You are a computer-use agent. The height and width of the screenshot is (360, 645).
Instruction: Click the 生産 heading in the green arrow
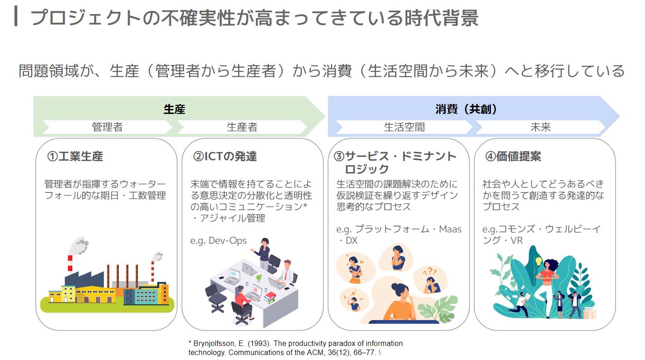[x=174, y=109]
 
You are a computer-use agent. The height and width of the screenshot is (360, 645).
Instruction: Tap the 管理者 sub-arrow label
[x=107, y=127]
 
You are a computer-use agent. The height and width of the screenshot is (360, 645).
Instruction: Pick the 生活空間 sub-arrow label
[x=404, y=127]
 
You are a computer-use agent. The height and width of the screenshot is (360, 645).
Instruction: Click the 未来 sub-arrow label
[x=541, y=127]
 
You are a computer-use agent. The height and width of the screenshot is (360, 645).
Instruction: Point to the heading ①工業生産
[x=75, y=157]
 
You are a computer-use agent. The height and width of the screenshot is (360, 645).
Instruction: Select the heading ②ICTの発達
[x=225, y=157]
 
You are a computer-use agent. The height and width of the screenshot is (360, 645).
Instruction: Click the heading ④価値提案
[x=513, y=157]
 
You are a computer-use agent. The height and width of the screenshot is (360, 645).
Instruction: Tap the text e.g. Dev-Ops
[x=218, y=240]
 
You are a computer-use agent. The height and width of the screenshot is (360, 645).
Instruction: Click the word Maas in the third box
[x=450, y=229]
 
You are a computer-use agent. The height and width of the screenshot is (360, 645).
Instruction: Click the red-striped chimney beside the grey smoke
[x=70, y=264]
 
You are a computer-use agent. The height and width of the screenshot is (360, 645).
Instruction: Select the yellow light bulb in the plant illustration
[x=539, y=261]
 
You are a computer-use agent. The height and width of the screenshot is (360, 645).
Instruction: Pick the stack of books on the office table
[x=270, y=297]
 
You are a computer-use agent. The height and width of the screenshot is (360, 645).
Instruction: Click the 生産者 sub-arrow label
[x=242, y=127]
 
